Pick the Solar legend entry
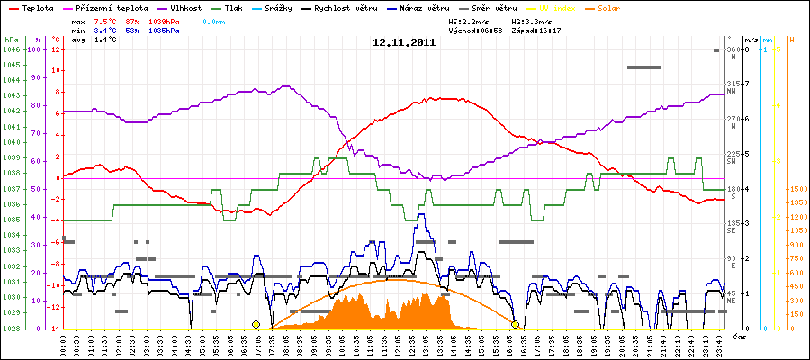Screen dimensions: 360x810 click(608, 7)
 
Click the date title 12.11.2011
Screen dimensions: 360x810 click(404, 41)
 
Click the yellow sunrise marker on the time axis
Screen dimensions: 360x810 click(256, 324)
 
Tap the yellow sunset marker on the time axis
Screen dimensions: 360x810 click(515, 324)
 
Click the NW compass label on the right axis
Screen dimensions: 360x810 click(732, 91)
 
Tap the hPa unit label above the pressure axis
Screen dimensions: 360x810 click(11, 40)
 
